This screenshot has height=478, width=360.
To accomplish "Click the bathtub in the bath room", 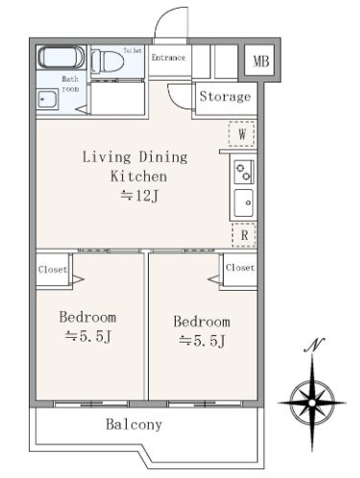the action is tap(61, 58).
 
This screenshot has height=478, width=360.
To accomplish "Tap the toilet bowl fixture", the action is tap(108, 60).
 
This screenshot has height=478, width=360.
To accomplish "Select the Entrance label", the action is tap(168, 58).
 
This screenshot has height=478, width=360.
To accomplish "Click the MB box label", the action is tap(261, 61).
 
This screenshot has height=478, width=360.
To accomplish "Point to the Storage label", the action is tap(225, 96).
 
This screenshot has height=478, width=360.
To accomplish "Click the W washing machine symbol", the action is tap(242, 134).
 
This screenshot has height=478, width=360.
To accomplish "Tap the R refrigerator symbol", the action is tap(244, 235).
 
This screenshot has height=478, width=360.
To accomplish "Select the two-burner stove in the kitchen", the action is tap(244, 172).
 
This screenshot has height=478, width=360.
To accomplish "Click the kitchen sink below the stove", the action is tap(244, 203).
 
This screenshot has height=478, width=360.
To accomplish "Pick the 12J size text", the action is tap(139, 196).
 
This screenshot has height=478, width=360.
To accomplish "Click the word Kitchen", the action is tap(138, 177).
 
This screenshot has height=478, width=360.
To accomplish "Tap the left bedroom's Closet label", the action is tap(53, 270).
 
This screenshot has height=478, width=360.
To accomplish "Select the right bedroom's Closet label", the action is tap(240, 268).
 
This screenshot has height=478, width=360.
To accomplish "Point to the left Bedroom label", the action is tap(87, 317).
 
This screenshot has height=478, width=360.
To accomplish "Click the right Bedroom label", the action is tap(202, 322).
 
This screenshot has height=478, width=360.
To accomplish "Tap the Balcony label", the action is tap(133, 424).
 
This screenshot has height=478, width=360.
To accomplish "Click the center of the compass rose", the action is tap(312, 403).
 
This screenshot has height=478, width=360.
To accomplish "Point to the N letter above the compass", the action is tap(314, 345).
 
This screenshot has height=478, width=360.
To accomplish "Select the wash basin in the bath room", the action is tap(47, 99).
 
